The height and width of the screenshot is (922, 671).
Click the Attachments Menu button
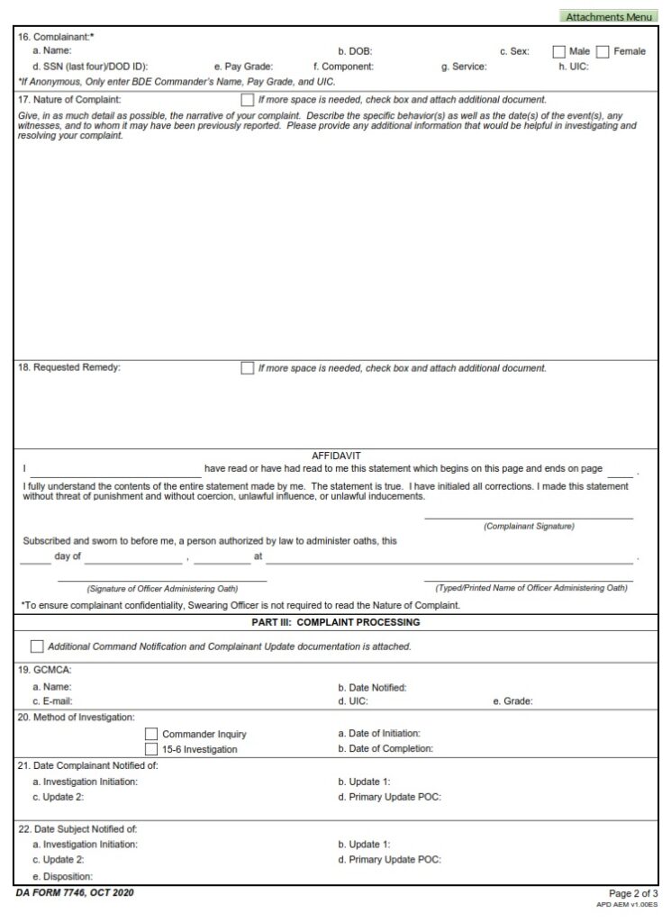pyautogui.click(x=608, y=16)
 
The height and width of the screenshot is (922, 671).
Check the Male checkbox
pyautogui.click(x=558, y=51)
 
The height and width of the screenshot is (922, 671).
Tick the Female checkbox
pyautogui.click(x=603, y=51)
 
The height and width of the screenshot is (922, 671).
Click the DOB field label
pyautogui.click(x=355, y=51)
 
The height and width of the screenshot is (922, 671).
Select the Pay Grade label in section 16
pyautogui.click(x=243, y=67)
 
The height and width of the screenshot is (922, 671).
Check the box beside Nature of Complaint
pyautogui.click(x=247, y=99)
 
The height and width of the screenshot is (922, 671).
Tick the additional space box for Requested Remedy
pyautogui.click(x=247, y=367)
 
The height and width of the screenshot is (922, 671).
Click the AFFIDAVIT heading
pyautogui.click(x=336, y=456)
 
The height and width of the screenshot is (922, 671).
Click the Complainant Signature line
pyautogui.click(x=529, y=518)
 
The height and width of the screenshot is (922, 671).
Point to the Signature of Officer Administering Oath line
pyautogui.click(x=162, y=581)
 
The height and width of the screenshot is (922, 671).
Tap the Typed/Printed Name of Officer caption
pyautogui.click(x=531, y=588)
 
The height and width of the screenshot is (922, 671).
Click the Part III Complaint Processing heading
pyautogui.click(x=336, y=622)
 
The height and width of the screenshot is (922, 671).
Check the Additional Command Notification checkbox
pyautogui.click(x=37, y=646)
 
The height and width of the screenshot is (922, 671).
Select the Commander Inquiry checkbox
pyautogui.click(x=151, y=734)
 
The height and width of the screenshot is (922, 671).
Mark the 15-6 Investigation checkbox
pyautogui.click(x=151, y=749)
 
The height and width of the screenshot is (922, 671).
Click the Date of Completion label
pyautogui.click(x=385, y=748)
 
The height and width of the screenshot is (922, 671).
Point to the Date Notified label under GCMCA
pyautogui.click(x=372, y=687)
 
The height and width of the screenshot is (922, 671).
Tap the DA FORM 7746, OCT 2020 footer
pyautogui.click(x=76, y=892)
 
